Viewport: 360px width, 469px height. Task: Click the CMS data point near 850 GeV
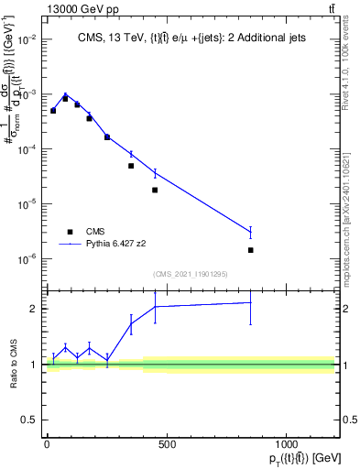click(x=250, y=250)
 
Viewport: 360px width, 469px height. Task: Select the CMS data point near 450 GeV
click(x=155, y=190)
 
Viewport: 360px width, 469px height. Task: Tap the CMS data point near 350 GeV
click(x=131, y=166)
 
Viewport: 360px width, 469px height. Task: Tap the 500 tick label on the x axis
click(x=167, y=445)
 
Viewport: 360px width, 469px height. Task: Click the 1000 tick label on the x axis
click(x=287, y=445)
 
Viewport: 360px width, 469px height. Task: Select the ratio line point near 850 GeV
click(x=250, y=302)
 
